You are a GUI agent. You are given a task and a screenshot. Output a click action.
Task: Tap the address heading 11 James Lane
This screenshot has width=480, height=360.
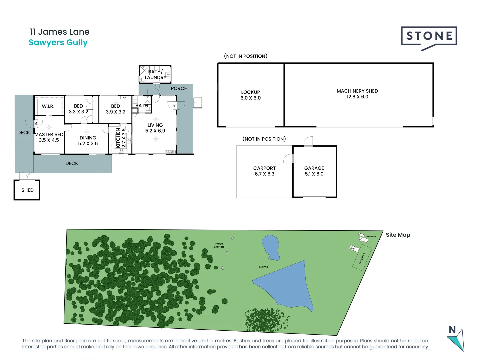60,32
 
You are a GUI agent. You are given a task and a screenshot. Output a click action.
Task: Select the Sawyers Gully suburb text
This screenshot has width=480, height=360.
58,43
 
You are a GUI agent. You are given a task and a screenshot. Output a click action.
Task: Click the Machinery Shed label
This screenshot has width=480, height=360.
357,94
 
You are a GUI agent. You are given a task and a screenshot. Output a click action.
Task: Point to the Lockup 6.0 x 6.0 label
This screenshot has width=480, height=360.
251,95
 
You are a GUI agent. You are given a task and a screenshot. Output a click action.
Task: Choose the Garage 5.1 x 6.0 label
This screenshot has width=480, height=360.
314,171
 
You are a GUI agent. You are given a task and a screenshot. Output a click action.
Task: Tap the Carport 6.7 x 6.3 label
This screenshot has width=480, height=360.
264,171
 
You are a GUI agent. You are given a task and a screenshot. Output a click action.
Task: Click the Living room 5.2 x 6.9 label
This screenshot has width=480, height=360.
155,128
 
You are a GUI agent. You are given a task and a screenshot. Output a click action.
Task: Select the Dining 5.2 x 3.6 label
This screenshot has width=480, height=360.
88,141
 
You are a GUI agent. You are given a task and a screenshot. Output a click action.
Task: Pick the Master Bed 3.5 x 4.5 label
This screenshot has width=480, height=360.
49,137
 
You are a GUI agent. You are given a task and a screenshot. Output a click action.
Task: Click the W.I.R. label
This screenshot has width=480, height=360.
48,106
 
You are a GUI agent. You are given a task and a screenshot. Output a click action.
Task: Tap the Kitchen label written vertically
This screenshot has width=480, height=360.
120,138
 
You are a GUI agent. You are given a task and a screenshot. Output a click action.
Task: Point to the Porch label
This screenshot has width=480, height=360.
179,88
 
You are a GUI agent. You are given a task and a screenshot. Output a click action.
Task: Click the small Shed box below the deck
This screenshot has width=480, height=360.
27,190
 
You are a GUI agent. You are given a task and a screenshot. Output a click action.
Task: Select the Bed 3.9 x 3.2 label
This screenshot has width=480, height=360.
115,109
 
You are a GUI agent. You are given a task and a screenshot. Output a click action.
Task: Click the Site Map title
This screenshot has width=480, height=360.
398,235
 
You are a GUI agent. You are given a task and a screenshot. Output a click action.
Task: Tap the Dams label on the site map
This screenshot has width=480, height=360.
263,267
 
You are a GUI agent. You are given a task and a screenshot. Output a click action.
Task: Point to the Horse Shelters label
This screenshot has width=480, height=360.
219,245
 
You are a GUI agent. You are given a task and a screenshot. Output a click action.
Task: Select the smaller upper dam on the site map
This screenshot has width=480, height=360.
270,247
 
